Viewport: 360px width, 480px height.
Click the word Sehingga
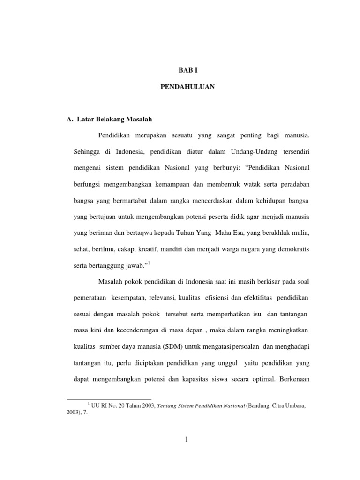coord(87,152)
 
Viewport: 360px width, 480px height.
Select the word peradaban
coord(293,185)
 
